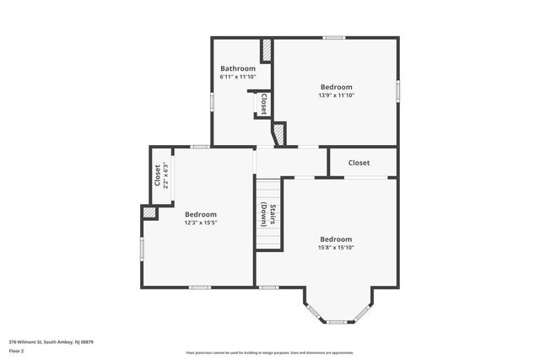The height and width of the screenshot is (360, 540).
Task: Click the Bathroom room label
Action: coord(238,68)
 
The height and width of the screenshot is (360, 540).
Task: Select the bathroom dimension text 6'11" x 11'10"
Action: coord(238,77)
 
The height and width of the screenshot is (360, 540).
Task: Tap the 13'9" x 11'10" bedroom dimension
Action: coord(336,95)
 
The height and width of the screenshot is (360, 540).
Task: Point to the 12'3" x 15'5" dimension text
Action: coord(201,223)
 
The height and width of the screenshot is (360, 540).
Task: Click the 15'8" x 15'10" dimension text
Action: coord(335,247)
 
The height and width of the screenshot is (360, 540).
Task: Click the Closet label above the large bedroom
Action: coord(359,163)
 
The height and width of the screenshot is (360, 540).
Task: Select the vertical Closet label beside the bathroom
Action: coord(263,104)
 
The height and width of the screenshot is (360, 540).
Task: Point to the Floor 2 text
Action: coord(17,349)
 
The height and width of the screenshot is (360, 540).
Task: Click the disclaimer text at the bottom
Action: coord(270,352)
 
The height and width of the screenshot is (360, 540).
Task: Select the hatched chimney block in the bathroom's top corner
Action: coord(267,50)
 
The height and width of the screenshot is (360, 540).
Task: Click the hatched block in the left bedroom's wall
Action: coord(149,214)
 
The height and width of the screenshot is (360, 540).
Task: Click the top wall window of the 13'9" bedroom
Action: coord(335,37)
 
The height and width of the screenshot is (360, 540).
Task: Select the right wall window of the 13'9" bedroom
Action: coord(397,91)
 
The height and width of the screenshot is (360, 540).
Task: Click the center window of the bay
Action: coord(337,321)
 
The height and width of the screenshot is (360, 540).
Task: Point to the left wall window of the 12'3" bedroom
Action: coord(141,249)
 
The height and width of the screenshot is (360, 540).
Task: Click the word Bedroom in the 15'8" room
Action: coord(335,239)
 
